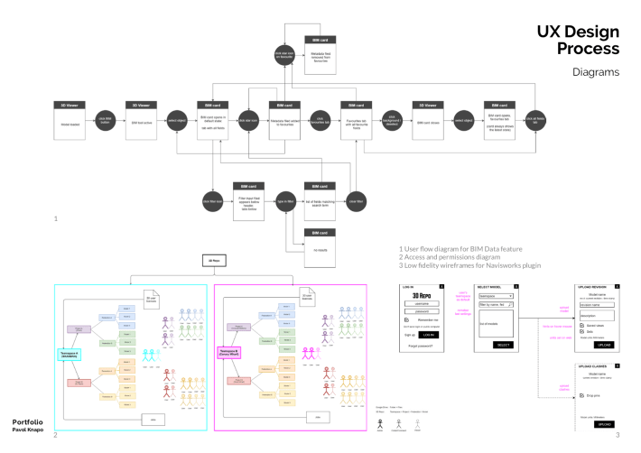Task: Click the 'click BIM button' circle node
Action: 104,119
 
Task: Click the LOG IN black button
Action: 428,334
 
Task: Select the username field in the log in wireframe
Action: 421,304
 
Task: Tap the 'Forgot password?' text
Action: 421,346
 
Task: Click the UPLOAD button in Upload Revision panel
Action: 604,345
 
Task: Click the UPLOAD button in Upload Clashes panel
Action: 604,423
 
